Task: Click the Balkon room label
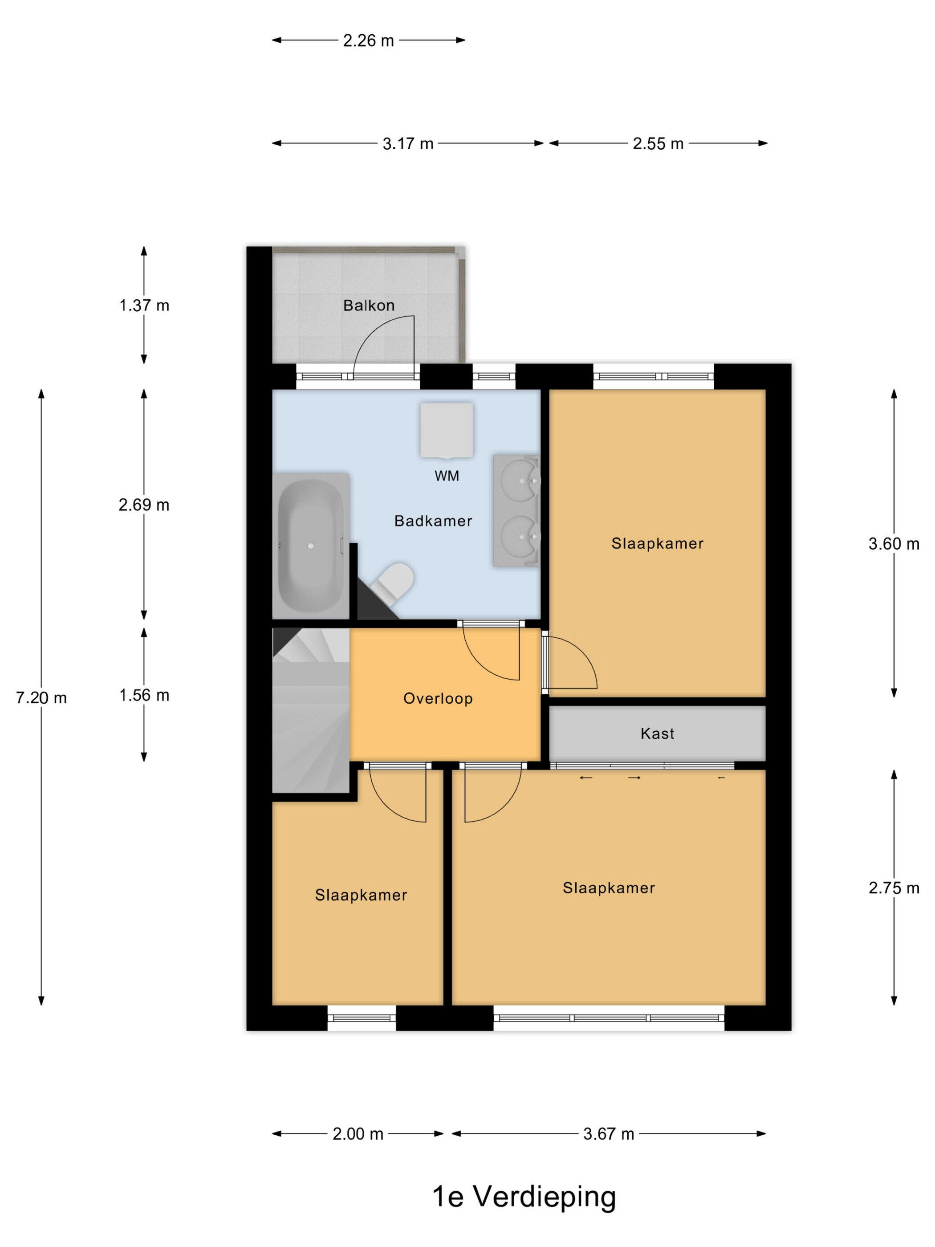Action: coord(369,306)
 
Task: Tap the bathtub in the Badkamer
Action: coord(310,545)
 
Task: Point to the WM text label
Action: coord(447,476)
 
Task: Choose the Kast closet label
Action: coord(657,734)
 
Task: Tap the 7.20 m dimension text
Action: coord(41,698)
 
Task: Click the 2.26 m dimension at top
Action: coord(369,41)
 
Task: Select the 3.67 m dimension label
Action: coord(609,1134)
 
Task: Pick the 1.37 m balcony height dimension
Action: coord(144,306)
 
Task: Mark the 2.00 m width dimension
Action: coord(358,1134)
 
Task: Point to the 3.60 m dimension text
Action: coord(894,544)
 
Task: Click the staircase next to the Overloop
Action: coord(312,710)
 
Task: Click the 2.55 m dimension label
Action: coord(658,144)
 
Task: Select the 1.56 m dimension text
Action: coord(144,695)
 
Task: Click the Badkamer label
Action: coord(433,521)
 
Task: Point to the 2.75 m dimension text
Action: coord(894,888)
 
